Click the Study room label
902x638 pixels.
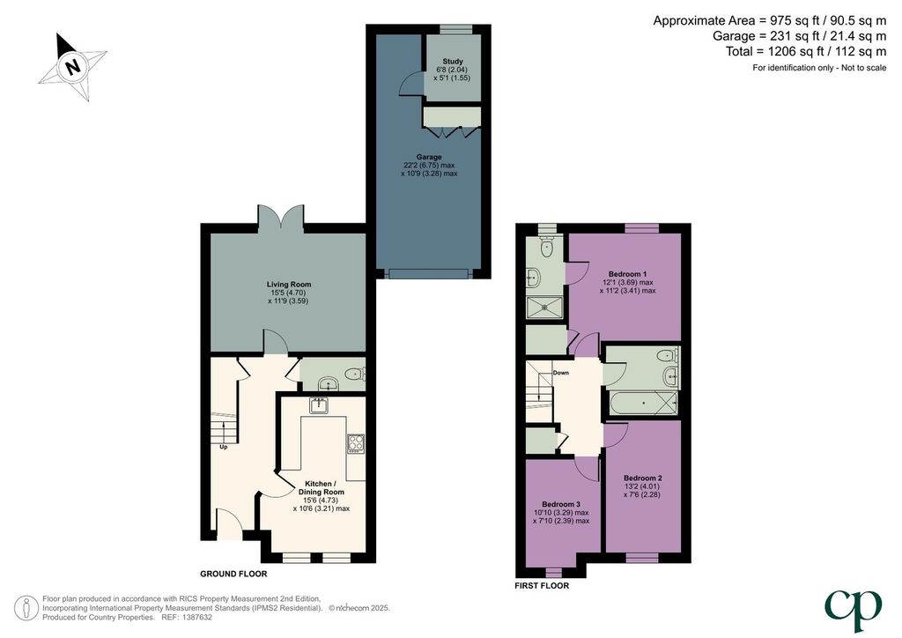point(453,61)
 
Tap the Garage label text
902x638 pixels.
point(429,157)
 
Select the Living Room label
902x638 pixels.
point(289,285)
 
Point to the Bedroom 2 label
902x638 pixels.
point(642,478)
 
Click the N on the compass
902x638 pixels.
point(72,67)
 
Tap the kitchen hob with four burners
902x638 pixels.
point(356,443)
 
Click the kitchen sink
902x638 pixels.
point(318,405)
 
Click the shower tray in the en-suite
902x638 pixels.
point(544,307)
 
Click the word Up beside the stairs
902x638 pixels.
point(224,447)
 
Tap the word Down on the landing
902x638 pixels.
point(561,373)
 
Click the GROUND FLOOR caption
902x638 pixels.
point(233,574)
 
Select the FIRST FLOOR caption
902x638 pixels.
point(542,586)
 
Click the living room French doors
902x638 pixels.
point(281,219)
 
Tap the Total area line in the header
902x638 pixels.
point(806,51)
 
